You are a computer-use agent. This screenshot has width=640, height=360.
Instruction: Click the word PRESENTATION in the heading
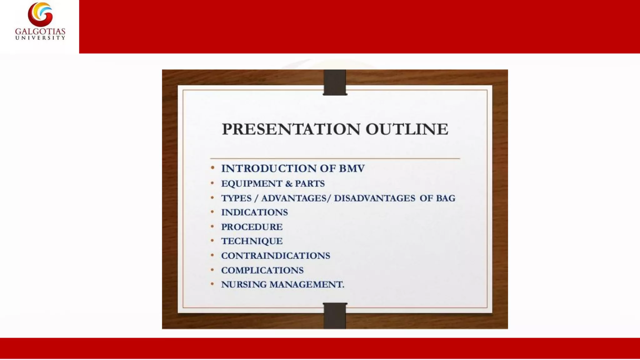click(291, 129)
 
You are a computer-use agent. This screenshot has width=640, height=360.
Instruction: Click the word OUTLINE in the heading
click(407, 129)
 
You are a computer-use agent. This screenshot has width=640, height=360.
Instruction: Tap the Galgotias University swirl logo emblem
click(40, 14)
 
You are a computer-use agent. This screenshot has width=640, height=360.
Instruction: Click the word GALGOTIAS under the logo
click(40, 32)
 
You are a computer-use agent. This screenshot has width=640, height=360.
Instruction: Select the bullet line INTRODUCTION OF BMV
click(293, 168)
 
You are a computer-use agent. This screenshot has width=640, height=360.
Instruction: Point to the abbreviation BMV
click(352, 168)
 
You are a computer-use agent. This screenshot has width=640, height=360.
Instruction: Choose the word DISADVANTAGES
click(374, 198)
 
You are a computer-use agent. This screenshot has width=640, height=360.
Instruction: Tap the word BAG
click(447, 198)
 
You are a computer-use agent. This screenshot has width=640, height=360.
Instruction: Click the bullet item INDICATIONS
click(254, 212)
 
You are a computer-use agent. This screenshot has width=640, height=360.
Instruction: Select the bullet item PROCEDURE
click(252, 227)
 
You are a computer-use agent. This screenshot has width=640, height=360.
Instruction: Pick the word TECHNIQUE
click(252, 241)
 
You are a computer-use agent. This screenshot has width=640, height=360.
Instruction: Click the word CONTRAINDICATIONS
click(276, 256)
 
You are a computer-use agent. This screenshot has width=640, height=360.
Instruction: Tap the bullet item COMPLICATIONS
click(262, 270)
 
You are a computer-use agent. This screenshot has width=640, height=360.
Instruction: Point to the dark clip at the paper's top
click(335, 82)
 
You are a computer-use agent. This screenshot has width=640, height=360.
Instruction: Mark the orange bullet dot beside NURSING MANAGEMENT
click(212, 284)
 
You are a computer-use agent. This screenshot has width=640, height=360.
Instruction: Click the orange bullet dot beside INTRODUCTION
click(212, 168)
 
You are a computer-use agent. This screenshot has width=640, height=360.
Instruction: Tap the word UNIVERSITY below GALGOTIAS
click(40, 38)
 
